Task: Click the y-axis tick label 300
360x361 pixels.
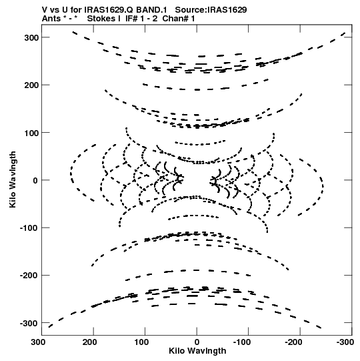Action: click(x=31, y=38)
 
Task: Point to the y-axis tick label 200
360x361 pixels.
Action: click(x=31, y=85)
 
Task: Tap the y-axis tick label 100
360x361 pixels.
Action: click(x=31, y=133)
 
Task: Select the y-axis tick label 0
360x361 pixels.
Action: click(x=35, y=180)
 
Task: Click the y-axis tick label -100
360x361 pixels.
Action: click(x=29, y=228)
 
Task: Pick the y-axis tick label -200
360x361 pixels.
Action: click(x=29, y=276)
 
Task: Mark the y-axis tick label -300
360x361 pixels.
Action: click(x=29, y=323)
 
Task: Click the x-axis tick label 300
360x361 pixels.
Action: click(x=38, y=342)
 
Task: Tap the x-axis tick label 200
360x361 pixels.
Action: click(x=90, y=342)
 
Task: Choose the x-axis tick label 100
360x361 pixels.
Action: click(x=141, y=342)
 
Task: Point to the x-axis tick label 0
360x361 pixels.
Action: click(x=197, y=342)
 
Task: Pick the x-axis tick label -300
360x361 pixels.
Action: click(x=345, y=342)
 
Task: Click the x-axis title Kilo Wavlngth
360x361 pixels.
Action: click(x=197, y=351)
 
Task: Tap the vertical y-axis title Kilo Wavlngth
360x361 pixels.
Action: click(x=13, y=179)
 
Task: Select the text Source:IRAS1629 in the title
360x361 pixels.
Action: click(x=211, y=10)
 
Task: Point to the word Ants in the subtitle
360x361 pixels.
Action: click(x=51, y=19)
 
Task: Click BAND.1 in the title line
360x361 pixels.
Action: click(x=151, y=10)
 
